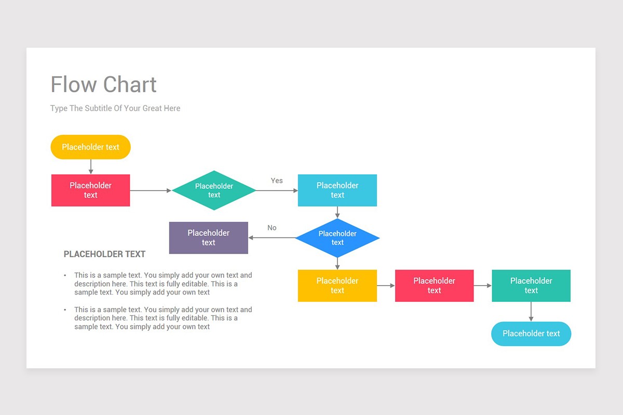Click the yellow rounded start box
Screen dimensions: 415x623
coord(90,147)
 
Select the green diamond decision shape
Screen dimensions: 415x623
coord(214,190)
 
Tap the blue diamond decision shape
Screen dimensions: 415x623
coord(337,238)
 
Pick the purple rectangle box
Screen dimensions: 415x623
coord(209,238)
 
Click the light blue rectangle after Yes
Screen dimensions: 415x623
coord(337,190)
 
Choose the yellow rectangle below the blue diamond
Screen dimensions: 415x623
coord(337,286)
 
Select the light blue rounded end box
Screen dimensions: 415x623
coord(531,334)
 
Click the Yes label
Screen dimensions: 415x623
coord(277,181)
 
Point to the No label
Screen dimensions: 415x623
coord(272,228)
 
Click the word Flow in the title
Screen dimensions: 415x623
coord(74,85)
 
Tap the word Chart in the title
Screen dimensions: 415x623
coord(130,85)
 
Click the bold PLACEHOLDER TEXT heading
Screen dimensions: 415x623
coord(104,254)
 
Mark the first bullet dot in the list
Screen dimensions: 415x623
coord(65,275)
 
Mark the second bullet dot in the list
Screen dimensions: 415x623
coord(65,310)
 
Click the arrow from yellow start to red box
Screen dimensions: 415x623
coord(91,167)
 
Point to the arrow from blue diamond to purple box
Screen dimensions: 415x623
coord(272,238)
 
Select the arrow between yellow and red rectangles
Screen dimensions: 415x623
coord(386,286)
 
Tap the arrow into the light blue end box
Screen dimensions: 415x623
coord(531,312)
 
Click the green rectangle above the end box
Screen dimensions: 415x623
coord(531,286)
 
